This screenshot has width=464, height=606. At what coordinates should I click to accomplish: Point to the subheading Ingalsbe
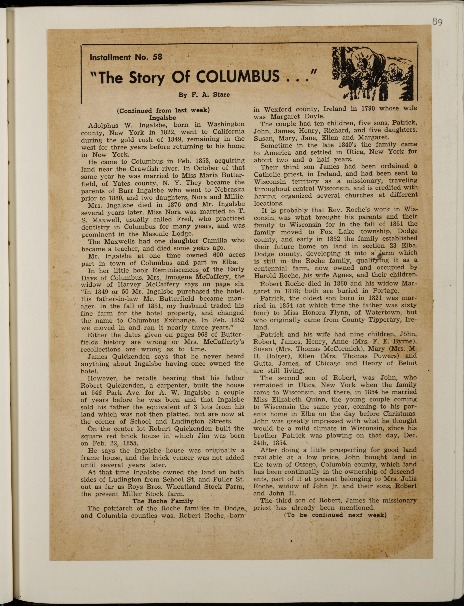[163, 118]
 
